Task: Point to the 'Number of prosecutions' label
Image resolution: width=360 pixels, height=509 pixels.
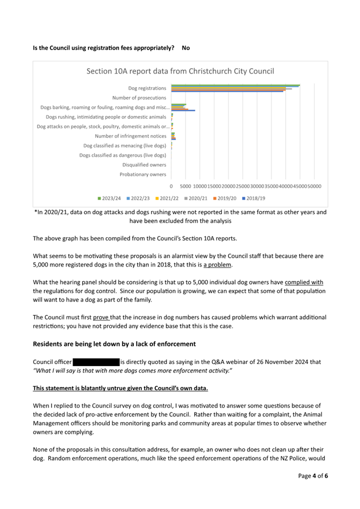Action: [x=139, y=98]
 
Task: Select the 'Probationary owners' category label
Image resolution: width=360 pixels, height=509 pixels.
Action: [x=143, y=174]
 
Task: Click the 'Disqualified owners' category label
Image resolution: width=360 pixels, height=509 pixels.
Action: [x=144, y=165]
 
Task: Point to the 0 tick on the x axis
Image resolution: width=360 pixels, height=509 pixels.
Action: [x=171, y=187]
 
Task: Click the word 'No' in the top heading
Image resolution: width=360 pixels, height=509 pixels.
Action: [x=186, y=48]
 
